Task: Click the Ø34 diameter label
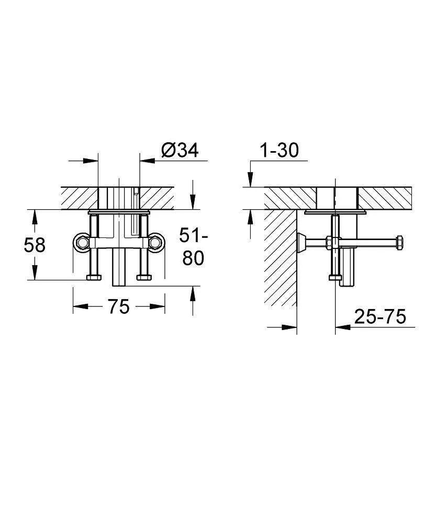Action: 180,150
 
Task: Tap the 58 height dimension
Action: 35,245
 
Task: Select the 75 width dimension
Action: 118,306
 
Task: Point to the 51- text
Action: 194,235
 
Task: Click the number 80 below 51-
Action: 193,258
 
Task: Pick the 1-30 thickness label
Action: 279,150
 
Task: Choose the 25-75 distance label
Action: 380,316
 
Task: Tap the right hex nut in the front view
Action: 155,243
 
